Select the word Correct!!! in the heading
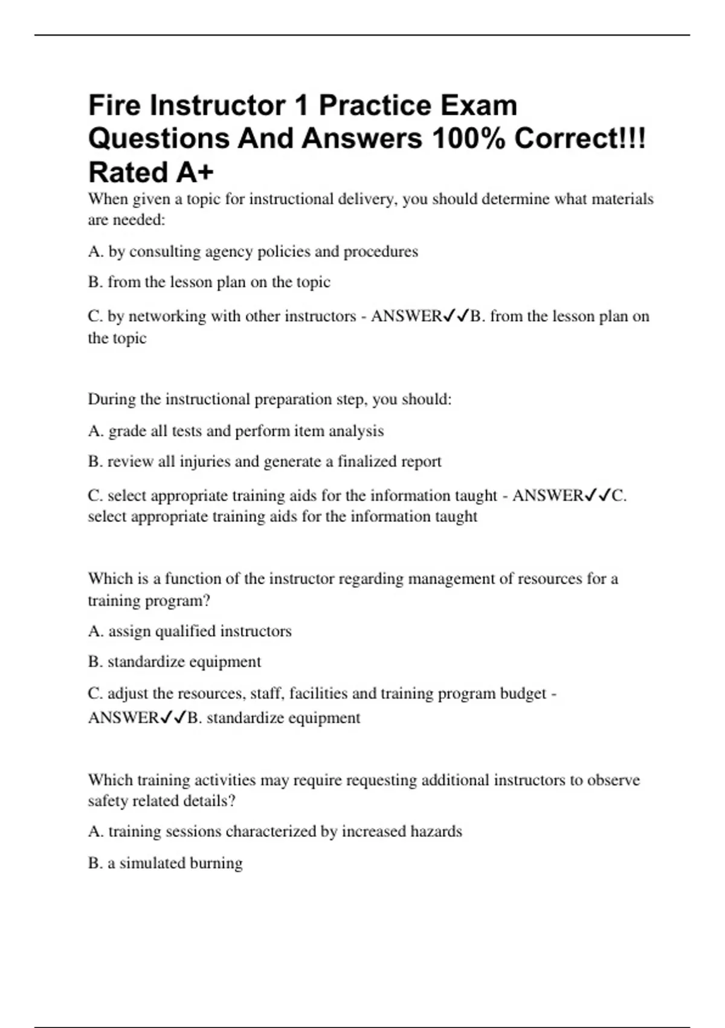coord(580,139)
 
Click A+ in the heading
coord(195,172)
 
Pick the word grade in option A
coord(124,431)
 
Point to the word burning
coord(216,863)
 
